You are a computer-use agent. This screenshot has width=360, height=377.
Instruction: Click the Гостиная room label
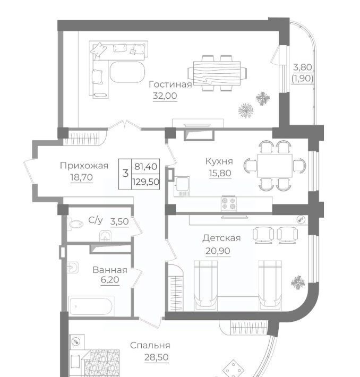[170, 84]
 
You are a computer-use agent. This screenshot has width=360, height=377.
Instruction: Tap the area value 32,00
[165, 96]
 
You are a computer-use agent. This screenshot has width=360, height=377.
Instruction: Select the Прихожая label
[84, 166]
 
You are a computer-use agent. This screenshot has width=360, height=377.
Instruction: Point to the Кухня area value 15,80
[220, 173]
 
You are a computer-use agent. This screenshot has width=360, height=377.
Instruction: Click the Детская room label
[221, 238]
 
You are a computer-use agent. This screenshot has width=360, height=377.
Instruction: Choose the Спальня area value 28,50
[156, 357]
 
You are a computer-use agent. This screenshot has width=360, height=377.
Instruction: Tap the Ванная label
[110, 270]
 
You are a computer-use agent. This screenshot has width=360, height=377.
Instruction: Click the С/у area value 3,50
[119, 221]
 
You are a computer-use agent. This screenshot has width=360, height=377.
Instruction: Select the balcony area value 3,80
[303, 67]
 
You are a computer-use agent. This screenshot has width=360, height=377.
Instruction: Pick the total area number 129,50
[145, 182]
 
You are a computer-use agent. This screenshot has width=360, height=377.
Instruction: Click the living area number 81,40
[145, 166]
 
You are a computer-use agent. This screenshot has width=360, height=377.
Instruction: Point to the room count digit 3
[125, 173]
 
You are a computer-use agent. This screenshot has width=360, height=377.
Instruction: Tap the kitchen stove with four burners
[228, 204]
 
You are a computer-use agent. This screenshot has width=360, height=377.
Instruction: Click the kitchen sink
[182, 186]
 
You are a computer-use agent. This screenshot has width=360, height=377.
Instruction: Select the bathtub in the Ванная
[91, 306]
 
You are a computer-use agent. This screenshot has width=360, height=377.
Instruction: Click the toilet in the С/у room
[75, 224]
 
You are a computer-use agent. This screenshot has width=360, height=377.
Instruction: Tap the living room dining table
[217, 73]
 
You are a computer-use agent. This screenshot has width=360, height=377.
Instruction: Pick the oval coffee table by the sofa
[127, 72]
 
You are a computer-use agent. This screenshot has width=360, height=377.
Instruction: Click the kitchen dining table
[275, 166]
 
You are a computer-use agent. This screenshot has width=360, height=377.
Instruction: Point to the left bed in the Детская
[206, 285]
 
